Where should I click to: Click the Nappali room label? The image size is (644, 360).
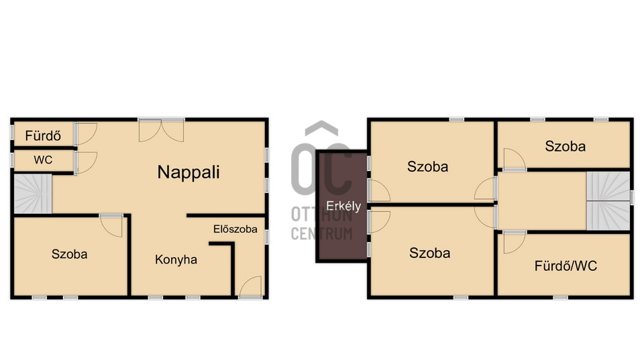189,172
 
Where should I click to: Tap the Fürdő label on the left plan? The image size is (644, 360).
43,136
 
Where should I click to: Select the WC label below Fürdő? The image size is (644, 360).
43,160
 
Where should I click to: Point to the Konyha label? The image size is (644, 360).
176,260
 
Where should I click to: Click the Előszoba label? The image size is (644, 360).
235,229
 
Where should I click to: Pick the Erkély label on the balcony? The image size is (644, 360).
343,206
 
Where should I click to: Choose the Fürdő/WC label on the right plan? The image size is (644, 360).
566,266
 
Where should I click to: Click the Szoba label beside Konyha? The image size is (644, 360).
69,255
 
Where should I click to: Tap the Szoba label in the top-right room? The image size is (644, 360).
565,146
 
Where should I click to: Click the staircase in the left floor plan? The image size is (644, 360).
33,194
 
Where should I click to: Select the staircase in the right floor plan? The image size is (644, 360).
608,200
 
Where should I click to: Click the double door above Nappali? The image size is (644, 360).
162,131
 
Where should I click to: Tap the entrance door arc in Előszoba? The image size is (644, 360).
250,286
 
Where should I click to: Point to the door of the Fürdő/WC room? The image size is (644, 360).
515,243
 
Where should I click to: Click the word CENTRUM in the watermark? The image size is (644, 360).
321,233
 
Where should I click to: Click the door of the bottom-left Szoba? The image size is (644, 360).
111,226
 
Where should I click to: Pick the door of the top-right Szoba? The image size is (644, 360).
515,158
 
